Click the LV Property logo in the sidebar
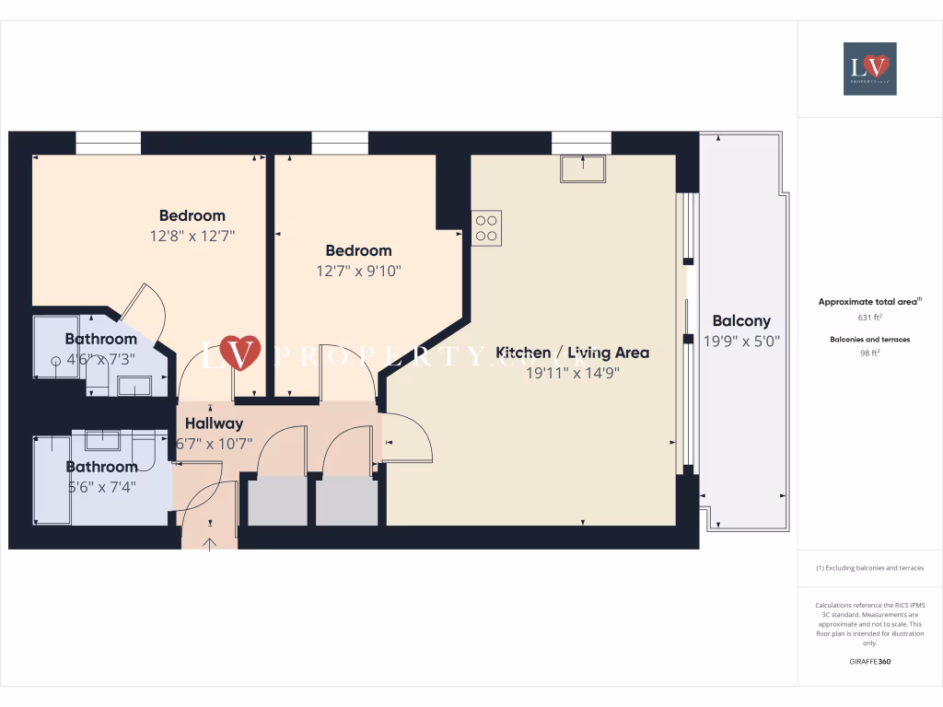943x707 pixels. [x=869, y=68]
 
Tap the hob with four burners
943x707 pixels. [x=486, y=228]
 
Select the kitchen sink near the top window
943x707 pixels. [x=582, y=168]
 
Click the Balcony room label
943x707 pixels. [x=741, y=321]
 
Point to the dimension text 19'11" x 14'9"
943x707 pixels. [x=573, y=373]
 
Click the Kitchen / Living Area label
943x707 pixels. [x=573, y=353]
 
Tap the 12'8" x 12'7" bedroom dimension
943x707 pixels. [x=192, y=236]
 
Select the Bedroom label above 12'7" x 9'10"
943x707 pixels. [x=358, y=250]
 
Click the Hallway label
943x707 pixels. [x=214, y=423]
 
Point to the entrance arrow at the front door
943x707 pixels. [x=209, y=543]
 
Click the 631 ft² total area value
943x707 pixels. [x=869, y=318]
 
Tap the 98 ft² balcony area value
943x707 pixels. [x=869, y=353]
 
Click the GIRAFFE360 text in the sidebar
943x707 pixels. [x=869, y=661]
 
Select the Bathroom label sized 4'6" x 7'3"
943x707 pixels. [x=100, y=339]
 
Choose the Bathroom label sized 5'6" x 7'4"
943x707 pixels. [x=101, y=467]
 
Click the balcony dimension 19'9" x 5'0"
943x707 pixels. [x=741, y=341]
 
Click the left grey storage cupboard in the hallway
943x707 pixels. [x=277, y=501]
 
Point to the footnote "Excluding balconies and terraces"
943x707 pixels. [x=869, y=568]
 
